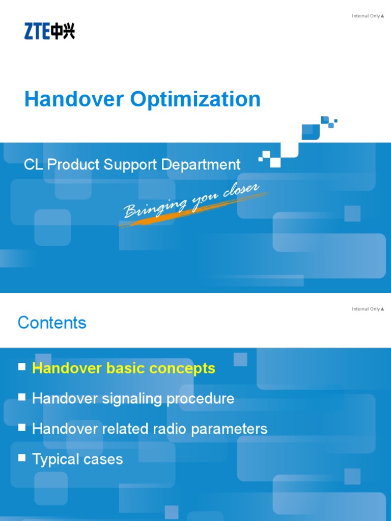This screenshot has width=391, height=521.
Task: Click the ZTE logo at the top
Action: pyautogui.click(x=49, y=32)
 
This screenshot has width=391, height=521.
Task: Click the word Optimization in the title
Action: pyautogui.click(x=195, y=99)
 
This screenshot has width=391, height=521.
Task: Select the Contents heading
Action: pyautogui.click(x=52, y=323)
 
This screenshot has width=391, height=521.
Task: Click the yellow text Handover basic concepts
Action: pyautogui.click(x=124, y=368)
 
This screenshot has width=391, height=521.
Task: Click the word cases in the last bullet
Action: pyautogui.click(x=105, y=459)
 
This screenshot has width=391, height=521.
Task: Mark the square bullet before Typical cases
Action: pyautogui.click(x=21, y=458)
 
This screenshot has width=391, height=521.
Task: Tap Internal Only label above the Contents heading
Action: pyautogui.click(x=367, y=309)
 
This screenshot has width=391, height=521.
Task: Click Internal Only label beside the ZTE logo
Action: pyautogui.click(x=367, y=16)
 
